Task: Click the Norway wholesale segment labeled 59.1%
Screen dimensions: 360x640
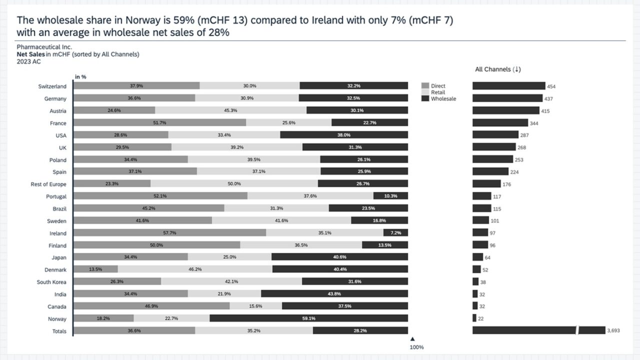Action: pyautogui.click(x=308, y=318)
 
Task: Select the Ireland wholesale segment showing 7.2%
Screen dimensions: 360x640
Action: pyautogui.click(x=395, y=233)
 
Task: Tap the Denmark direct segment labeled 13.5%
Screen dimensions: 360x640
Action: pyautogui.click(x=95, y=269)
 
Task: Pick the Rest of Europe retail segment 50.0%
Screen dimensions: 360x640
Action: pyautogui.click(x=234, y=184)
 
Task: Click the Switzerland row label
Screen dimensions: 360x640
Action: pyautogui.click(x=52, y=86)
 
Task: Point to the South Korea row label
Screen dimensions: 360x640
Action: pyautogui.click(x=51, y=282)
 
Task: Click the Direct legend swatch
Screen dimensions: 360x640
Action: pyautogui.click(x=425, y=86)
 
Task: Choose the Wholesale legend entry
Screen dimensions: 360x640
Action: pyautogui.click(x=443, y=99)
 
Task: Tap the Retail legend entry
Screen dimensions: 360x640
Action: pyautogui.click(x=437, y=92)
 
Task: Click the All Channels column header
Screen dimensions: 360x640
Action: pyautogui.click(x=497, y=69)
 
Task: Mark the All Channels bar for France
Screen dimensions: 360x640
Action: pyautogui.click(x=500, y=123)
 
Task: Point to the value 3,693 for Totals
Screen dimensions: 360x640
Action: pyautogui.click(x=613, y=331)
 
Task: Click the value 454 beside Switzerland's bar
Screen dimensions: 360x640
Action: pyautogui.click(x=551, y=86)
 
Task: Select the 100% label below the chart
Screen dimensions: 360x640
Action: pyautogui.click(x=416, y=347)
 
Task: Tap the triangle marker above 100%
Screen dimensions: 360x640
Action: pyautogui.click(x=412, y=339)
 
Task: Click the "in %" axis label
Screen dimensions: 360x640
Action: pyautogui.click(x=80, y=76)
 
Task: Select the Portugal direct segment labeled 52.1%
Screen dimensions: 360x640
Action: pyautogui.click(x=160, y=196)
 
